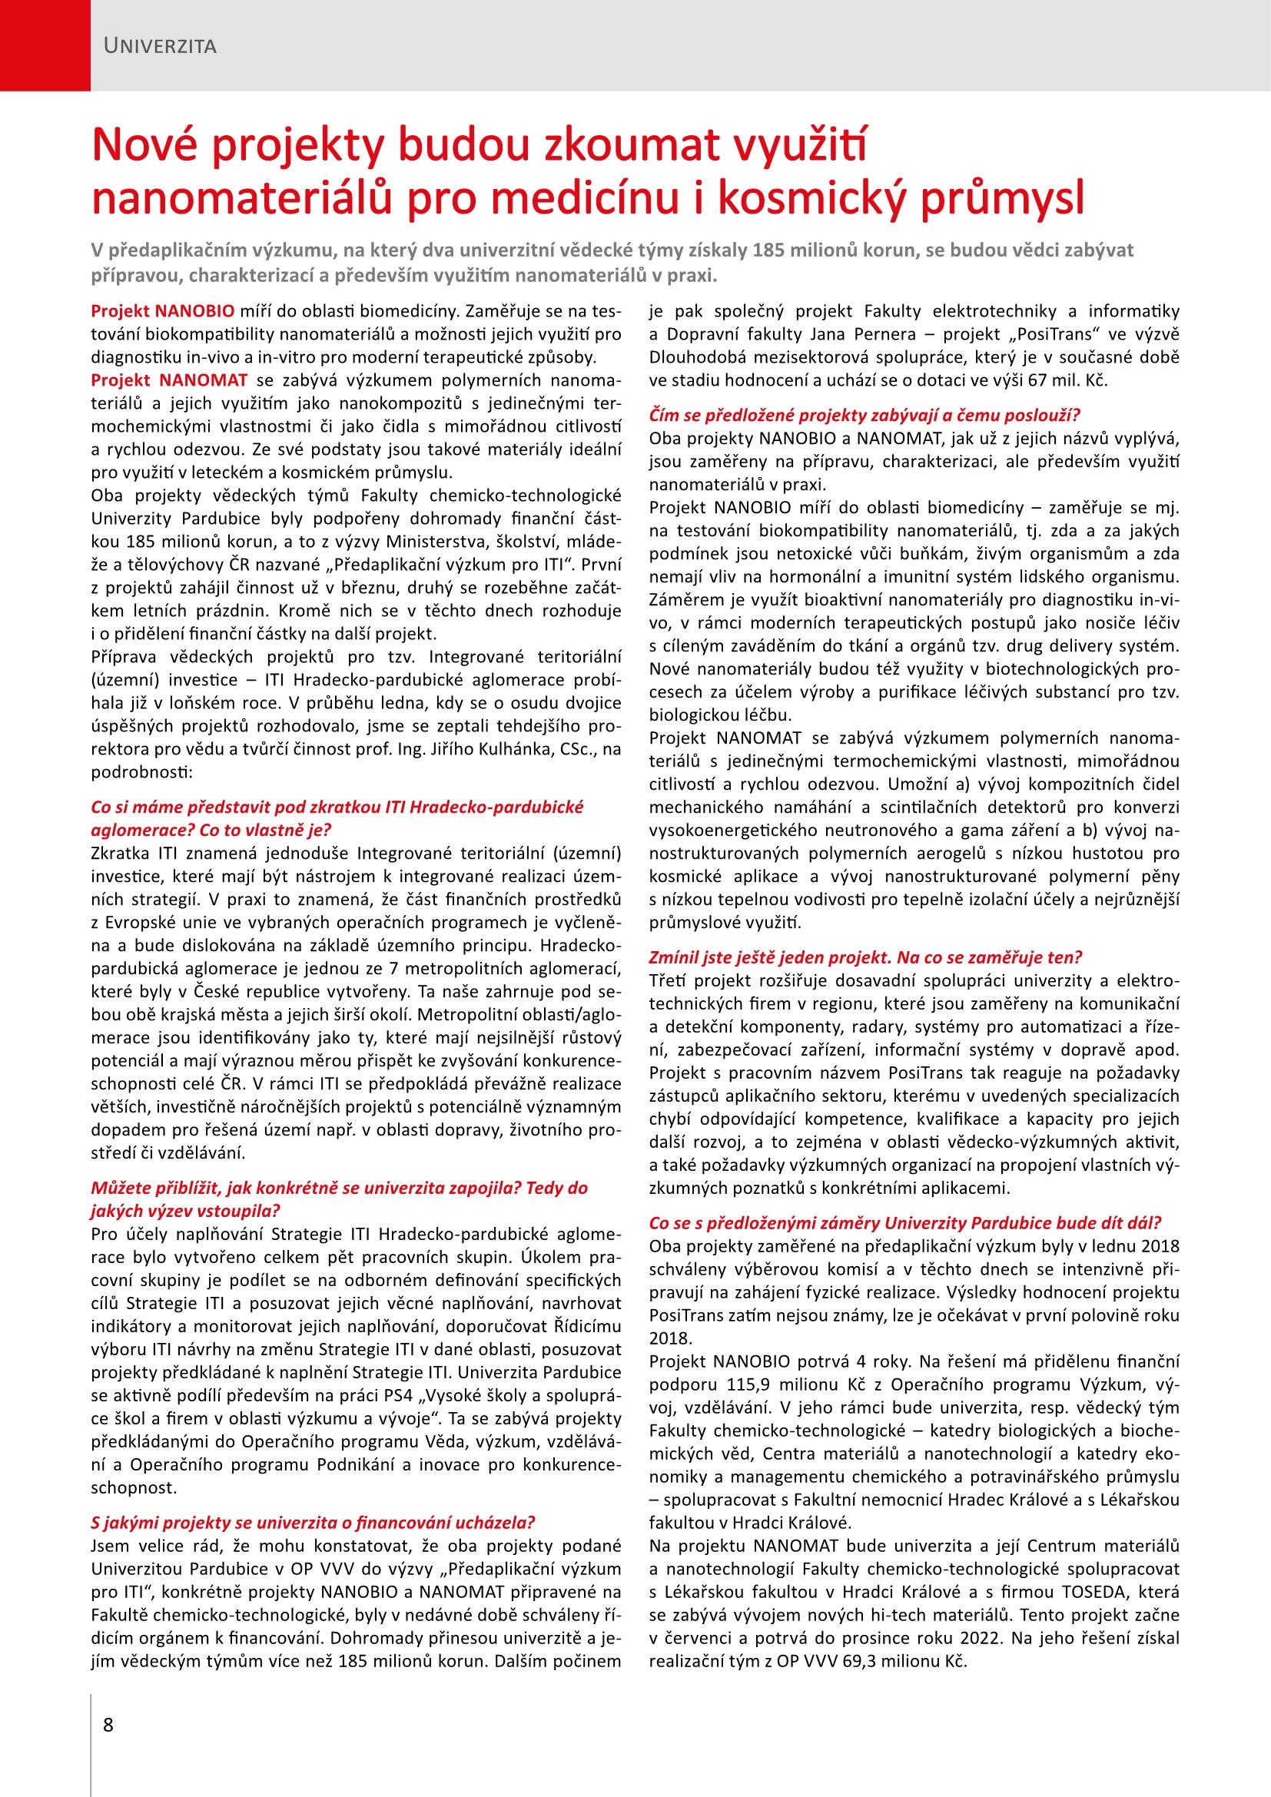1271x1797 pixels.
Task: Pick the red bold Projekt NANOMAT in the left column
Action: [x=169, y=380]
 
